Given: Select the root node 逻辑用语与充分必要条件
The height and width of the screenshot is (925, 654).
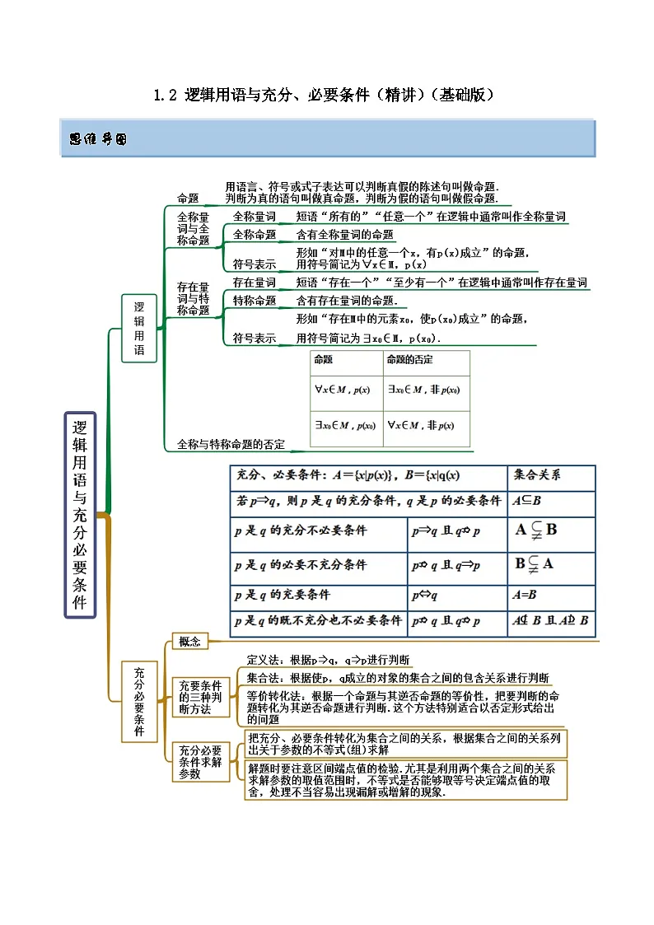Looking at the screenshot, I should [80, 515].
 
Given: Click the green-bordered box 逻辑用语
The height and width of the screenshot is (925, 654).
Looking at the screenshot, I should [139, 328].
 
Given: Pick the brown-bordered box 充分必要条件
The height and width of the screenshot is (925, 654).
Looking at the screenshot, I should [139, 701].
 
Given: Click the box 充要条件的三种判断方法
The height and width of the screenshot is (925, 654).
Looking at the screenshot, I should [200, 697].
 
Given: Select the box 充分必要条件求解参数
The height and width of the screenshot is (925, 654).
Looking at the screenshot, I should [200, 762].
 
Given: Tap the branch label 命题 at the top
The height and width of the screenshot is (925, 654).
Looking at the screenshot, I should [189, 199].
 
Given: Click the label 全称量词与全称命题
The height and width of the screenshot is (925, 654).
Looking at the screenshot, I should [194, 229].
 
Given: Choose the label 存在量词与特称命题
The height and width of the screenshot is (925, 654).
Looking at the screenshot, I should [194, 299].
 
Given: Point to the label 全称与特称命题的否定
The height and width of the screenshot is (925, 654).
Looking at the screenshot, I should [231, 444].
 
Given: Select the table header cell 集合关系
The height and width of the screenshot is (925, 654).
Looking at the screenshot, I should [543, 475].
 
